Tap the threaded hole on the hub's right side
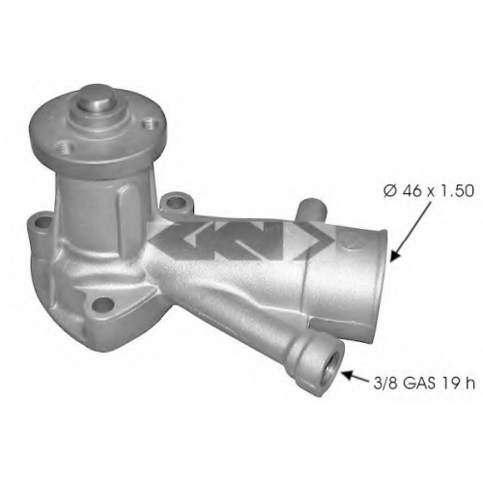pos(149,124)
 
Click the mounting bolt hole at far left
pos(43,221)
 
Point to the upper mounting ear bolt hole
pos(176,202)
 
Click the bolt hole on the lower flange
pos(102,303)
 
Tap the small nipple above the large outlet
pos(312,210)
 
